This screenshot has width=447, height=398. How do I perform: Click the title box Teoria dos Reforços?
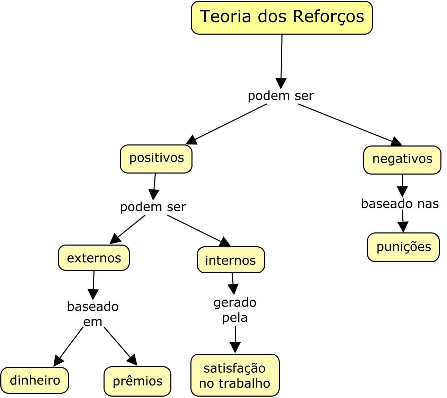click(281, 17)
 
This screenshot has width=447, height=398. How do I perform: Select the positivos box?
click(156, 159)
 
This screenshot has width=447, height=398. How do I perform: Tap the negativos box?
click(402, 160)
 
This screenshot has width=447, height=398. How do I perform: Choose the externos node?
click(94, 258)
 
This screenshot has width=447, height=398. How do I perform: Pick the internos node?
click(231, 260)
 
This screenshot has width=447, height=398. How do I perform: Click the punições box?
click(403, 247)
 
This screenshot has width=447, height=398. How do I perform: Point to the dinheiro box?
click(35, 380)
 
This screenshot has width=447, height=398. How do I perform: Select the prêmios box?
click(137, 381)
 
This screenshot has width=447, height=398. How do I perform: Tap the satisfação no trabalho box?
click(235, 375)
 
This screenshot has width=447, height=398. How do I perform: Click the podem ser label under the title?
click(281, 96)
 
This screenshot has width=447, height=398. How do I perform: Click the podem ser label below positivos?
click(153, 207)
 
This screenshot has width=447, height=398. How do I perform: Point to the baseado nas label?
click(400, 204)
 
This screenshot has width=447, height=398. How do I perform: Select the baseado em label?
click(93, 314)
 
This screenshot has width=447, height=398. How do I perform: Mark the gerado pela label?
click(235, 310)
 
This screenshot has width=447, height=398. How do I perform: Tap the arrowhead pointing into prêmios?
click(133, 361)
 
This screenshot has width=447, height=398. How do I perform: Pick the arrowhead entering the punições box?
click(403, 228)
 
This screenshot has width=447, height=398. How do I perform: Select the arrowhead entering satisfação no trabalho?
click(235, 348)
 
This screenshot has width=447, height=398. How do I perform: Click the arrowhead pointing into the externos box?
click(114, 240)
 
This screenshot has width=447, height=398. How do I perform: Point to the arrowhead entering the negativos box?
click(397, 142)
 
